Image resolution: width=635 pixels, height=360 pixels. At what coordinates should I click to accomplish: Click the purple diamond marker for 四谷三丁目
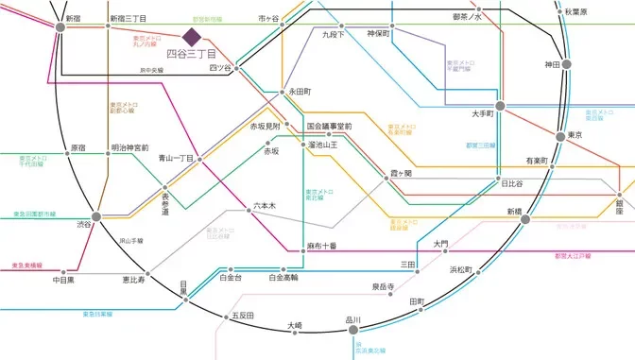coord(192,37)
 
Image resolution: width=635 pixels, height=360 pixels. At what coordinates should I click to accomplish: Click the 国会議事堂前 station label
coord(329,126)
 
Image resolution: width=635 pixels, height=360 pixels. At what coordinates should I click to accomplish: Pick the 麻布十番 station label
coord(321,246)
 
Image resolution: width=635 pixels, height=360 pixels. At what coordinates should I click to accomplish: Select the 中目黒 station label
coord(64,281)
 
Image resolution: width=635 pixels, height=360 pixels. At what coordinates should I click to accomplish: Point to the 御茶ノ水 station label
coord(467,17)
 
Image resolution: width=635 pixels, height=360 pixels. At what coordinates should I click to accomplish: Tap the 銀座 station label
coord(619,207)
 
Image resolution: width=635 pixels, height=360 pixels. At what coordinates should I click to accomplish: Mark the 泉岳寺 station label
coord(383,286)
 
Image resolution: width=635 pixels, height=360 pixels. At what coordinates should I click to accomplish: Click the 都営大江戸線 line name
coord(573,255)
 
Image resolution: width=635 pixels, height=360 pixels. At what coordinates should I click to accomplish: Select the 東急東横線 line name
coord(26,266)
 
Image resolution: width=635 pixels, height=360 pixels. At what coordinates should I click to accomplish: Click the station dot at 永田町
coord(282,92)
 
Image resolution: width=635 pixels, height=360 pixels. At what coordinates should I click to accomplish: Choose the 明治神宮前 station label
coord(129,148)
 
